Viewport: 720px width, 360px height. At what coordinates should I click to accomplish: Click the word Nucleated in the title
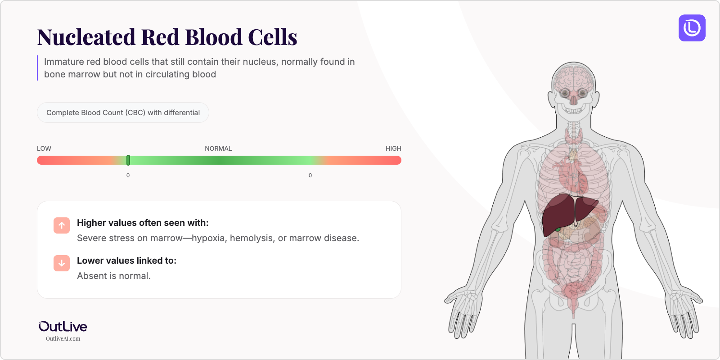pyautogui.click(x=86, y=37)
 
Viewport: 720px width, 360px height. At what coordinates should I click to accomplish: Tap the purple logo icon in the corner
pyautogui.click(x=692, y=28)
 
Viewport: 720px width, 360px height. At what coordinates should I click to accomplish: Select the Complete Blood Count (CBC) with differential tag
pyautogui.click(x=123, y=112)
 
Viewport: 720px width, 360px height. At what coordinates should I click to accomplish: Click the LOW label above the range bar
pyautogui.click(x=44, y=148)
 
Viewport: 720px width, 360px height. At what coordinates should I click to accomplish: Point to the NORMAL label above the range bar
pyautogui.click(x=218, y=148)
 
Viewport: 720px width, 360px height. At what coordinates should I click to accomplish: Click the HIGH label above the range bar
pyautogui.click(x=393, y=148)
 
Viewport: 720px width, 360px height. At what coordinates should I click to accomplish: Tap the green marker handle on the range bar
pyautogui.click(x=128, y=160)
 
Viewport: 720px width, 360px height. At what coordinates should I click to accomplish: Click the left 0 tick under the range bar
pyautogui.click(x=128, y=175)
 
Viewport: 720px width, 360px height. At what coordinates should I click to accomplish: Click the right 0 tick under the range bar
pyautogui.click(x=310, y=175)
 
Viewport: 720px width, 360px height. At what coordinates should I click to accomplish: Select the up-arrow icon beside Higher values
pyautogui.click(x=62, y=225)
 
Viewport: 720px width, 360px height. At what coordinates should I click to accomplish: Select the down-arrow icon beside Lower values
pyautogui.click(x=62, y=263)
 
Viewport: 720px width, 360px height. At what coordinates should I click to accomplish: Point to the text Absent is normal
pyautogui.click(x=114, y=276)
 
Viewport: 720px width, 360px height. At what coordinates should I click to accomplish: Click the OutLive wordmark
pyautogui.click(x=63, y=326)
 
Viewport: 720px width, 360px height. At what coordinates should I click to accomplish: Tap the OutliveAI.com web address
pyautogui.click(x=63, y=339)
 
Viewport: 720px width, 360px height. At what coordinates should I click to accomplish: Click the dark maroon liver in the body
pyautogui.click(x=558, y=214)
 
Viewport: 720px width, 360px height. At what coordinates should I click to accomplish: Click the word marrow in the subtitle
pyautogui.click(x=84, y=74)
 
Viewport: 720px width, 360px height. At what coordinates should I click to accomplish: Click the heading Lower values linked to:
pyautogui.click(x=126, y=261)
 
